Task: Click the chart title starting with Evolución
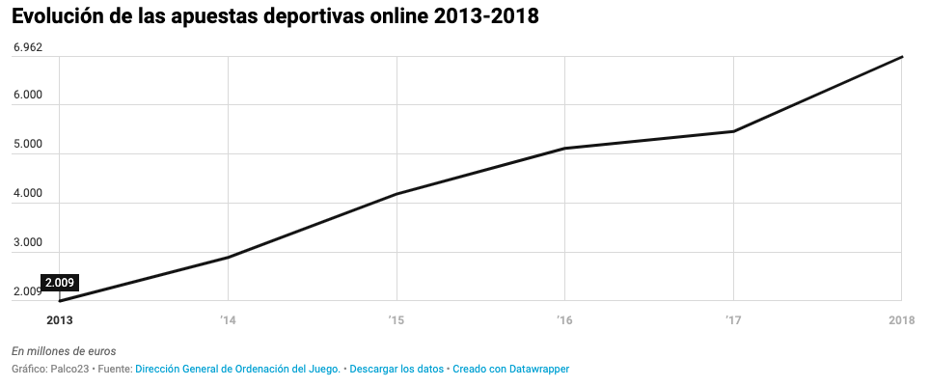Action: tap(275, 16)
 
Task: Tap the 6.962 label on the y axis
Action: tap(27, 47)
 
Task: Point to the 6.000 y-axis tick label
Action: tap(27, 95)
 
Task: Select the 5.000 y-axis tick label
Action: tap(27, 144)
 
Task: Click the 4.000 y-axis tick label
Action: tap(27, 193)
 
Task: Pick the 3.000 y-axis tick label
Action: tap(27, 242)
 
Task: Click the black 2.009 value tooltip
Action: tap(60, 283)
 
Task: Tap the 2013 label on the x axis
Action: tap(60, 319)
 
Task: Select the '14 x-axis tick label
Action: tap(228, 319)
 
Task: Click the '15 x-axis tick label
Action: tap(396, 319)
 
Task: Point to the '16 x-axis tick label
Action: tap(564, 319)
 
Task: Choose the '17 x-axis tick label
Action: tap(733, 319)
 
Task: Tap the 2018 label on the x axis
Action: tap(901, 319)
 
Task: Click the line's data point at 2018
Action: tap(902, 57)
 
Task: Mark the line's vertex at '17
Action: tap(733, 131)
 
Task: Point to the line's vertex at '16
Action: tap(564, 149)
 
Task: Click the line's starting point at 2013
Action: tap(60, 301)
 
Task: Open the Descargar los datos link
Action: tap(397, 369)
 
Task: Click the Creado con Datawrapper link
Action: tap(510, 369)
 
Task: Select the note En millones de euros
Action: tap(64, 350)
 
